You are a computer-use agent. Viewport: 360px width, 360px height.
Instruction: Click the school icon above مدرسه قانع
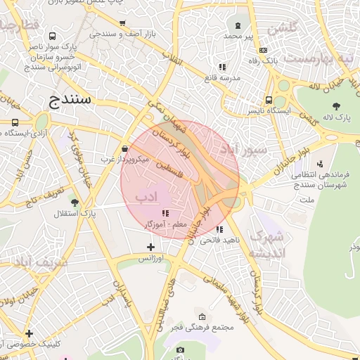(x=222, y=67)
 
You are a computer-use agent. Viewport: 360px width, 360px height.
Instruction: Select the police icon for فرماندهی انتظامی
(x=321, y=163)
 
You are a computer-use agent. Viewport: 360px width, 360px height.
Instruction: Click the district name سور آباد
(x=243, y=149)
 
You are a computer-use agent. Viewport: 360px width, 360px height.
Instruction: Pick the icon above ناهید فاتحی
(x=220, y=229)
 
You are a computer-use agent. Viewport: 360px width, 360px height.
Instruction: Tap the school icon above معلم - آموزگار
(x=165, y=213)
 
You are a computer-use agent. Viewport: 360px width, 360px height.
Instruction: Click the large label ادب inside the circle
(x=146, y=197)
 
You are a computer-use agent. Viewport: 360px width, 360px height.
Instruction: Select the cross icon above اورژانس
(x=150, y=247)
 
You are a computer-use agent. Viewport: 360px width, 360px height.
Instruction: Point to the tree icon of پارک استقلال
(x=75, y=202)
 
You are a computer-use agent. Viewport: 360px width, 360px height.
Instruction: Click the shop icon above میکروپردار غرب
(x=125, y=149)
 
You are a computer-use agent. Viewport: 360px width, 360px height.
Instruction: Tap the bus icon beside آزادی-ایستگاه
(x=15, y=122)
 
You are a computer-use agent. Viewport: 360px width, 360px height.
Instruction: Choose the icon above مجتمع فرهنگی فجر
(x=202, y=316)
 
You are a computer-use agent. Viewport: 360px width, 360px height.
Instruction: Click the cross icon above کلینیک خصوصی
(x=29, y=333)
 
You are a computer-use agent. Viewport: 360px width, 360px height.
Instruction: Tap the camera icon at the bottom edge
(x=180, y=350)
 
